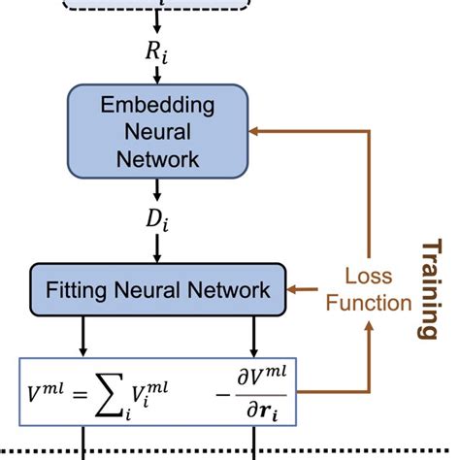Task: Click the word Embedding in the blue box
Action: [x=157, y=105]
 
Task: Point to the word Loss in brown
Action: [x=369, y=276]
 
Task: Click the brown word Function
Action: [x=369, y=303]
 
